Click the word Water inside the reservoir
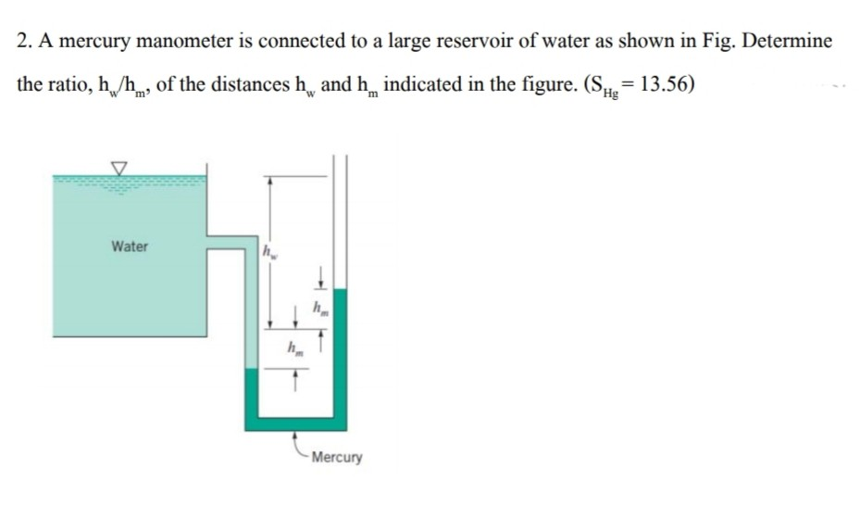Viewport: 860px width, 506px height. pos(129,247)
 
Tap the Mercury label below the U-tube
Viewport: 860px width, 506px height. pos(337,458)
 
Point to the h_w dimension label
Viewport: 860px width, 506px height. pos(268,251)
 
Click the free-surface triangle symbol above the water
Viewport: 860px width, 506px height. pos(118,167)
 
